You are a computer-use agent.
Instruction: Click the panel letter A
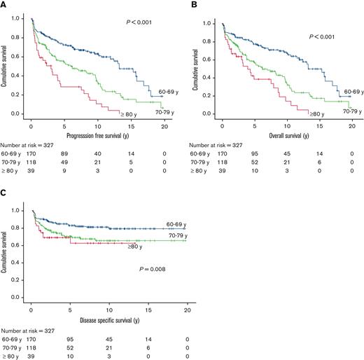[4, 5]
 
